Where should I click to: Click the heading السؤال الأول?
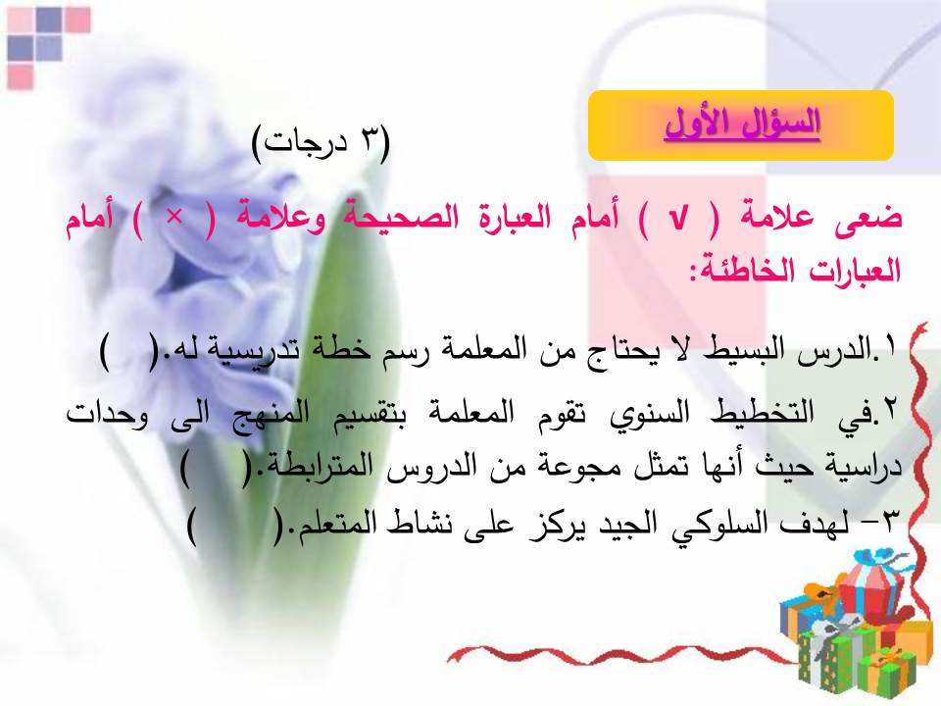(742, 124)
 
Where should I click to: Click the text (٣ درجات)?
(322, 143)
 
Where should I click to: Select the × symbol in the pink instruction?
(174, 218)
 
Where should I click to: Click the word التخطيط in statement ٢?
(763, 413)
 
